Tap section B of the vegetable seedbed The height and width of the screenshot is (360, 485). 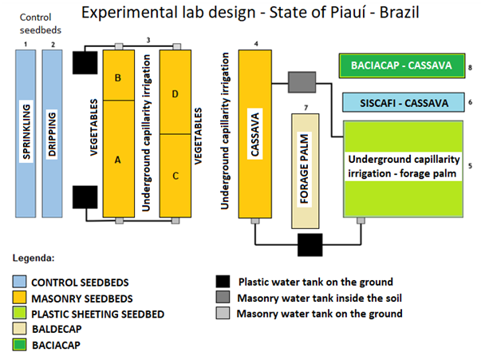coord(118,76)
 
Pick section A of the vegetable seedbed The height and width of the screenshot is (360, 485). coord(118,158)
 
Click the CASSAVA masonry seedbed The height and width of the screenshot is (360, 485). coord(257,132)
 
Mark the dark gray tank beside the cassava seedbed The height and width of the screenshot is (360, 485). coord(302,81)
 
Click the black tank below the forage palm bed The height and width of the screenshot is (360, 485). coord(308,244)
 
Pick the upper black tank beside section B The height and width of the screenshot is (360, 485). coord(85,61)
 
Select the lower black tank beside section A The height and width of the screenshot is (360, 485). coord(85,196)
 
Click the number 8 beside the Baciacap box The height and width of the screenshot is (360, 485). coord(471,68)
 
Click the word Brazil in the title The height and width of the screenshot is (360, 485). coord(392,14)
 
